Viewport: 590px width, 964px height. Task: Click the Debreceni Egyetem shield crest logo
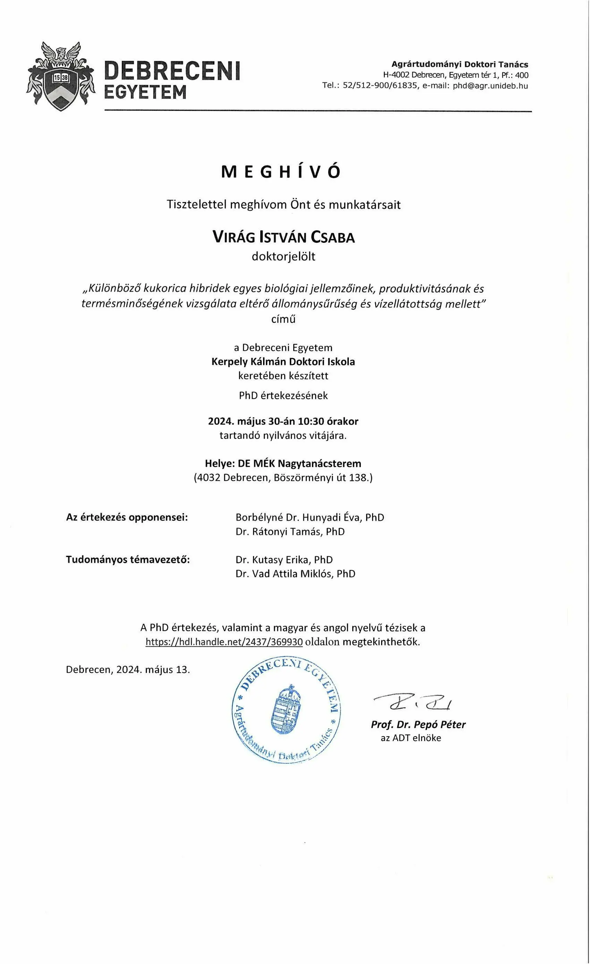tap(61, 76)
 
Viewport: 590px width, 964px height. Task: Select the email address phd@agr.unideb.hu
tap(490, 86)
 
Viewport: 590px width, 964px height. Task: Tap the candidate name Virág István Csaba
tap(284, 238)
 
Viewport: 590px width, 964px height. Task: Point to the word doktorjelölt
tap(284, 257)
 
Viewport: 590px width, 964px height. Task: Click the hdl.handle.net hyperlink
tap(224, 642)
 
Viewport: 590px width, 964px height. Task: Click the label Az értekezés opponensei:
tap(127, 517)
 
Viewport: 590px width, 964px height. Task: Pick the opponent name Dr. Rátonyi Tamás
tap(280, 531)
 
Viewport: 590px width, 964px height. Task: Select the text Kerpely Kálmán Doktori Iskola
tap(283, 361)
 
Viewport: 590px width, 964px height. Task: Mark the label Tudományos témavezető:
tap(128, 559)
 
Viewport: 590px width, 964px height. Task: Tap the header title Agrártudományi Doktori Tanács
tap(460, 65)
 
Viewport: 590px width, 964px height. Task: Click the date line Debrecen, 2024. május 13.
tap(128, 670)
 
